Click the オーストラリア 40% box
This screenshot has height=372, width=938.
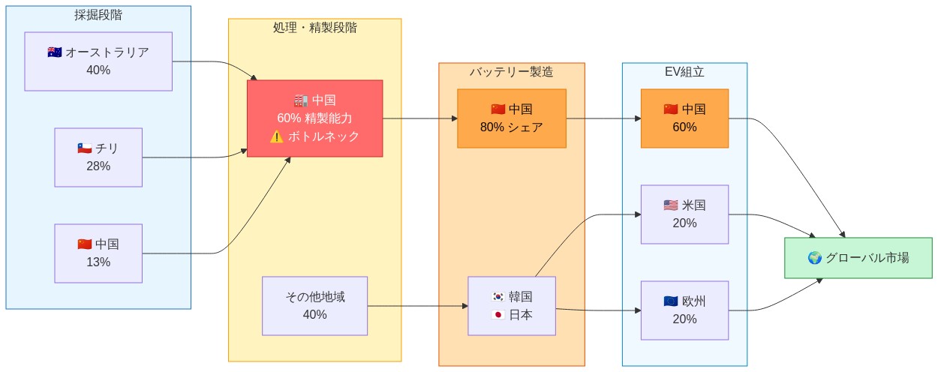coord(98,61)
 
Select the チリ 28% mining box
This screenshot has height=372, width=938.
coord(98,157)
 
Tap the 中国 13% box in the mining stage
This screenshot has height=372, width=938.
coord(98,253)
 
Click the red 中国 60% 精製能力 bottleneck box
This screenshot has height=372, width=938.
coord(314,118)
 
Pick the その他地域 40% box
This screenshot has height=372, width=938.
coord(314,306)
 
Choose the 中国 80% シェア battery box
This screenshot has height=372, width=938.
coord(511,118)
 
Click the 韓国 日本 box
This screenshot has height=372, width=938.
coord(511,306)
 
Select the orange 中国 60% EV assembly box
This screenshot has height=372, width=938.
coord(684,118)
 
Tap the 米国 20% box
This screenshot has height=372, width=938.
coord(684,214)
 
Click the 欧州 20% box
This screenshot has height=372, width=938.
coord(684,310)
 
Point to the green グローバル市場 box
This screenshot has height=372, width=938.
coord(858,258)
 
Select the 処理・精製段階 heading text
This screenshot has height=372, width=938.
coord(314,28)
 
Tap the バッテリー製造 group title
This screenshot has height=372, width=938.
coord(511,72)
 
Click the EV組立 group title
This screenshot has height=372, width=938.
coord(684,72)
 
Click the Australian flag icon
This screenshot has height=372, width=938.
coord(55,52)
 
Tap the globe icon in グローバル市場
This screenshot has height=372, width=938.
coord(815,258)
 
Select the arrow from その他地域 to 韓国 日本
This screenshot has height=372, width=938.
coord(416,306)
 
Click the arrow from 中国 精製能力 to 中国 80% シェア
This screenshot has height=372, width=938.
coord(420,118)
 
